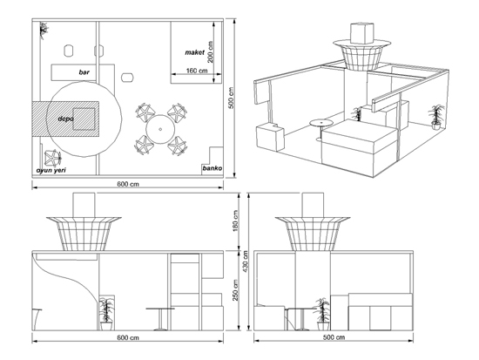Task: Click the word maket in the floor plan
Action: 194,52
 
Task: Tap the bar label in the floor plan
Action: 84,72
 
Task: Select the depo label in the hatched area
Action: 65,119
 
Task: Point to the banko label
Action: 213,168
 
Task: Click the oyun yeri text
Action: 51,170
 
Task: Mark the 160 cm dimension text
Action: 197,71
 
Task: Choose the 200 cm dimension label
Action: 210,52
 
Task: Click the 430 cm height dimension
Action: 246,262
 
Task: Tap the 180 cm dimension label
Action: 235,221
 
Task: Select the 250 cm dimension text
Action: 235,290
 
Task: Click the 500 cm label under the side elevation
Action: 334,337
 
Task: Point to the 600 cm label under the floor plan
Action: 128,184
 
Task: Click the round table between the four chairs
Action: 160,129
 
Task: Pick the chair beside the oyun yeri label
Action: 53,158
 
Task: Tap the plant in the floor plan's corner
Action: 44,30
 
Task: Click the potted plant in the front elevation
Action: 106,314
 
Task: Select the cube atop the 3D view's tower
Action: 362,33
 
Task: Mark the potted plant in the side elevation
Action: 321,314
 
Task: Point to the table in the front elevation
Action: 160,319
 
